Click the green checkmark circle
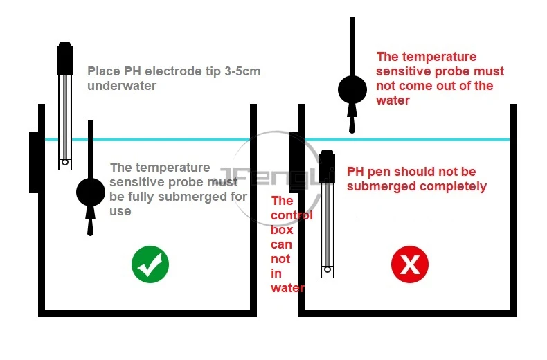coord(150,264)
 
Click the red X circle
coord(410,264)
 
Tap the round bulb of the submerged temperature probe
coord(90,191)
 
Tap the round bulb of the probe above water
coord(352,89)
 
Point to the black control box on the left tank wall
coord(33,162)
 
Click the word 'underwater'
coord(123,86)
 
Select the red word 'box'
coord(283,230)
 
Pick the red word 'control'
coord(292,215)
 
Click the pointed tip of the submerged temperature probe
coord(90,230)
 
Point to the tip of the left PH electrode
coord(64,163)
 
